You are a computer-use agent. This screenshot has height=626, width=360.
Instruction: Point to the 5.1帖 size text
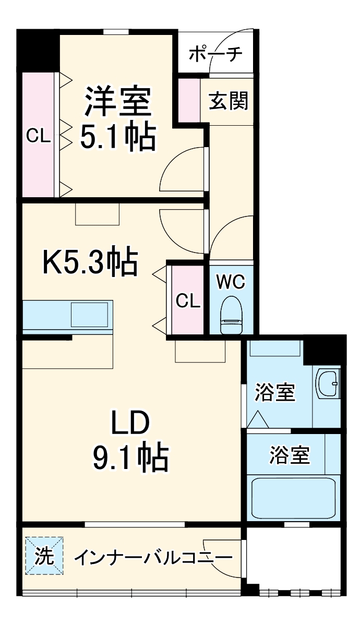(118, 137)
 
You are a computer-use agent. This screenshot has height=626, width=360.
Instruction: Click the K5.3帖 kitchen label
(90, 262)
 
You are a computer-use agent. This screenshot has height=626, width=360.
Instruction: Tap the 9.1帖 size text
(130, 458)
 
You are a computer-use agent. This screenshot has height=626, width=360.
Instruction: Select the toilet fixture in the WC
(231, 314)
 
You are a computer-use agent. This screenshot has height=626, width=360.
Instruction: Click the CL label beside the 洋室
(38, 137)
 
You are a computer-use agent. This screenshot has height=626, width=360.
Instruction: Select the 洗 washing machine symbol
(44, 556)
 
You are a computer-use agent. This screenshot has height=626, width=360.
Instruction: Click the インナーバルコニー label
(152, 558)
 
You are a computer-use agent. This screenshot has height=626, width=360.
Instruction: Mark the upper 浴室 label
(275, 392)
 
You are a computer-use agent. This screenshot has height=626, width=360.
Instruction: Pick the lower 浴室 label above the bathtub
(290, 455)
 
